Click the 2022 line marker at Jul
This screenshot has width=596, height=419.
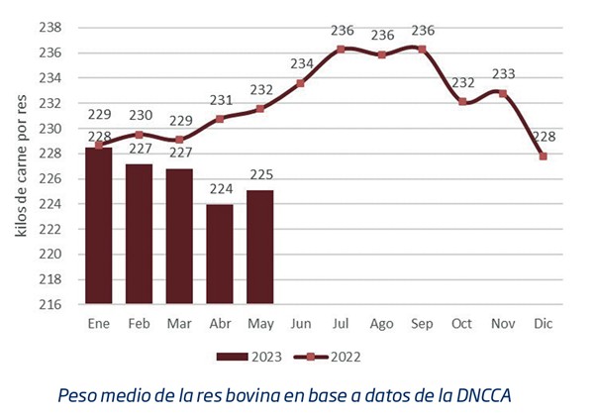click(341, 49)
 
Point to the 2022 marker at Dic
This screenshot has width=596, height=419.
click(544, 156)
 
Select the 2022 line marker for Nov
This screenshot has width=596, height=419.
click(503, 93)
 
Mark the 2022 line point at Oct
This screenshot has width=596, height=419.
click(462, 101)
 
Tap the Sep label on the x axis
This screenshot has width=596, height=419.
click(422, 323)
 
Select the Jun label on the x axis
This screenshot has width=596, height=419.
click(300, 323)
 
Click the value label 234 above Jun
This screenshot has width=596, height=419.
click(302, 64)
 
